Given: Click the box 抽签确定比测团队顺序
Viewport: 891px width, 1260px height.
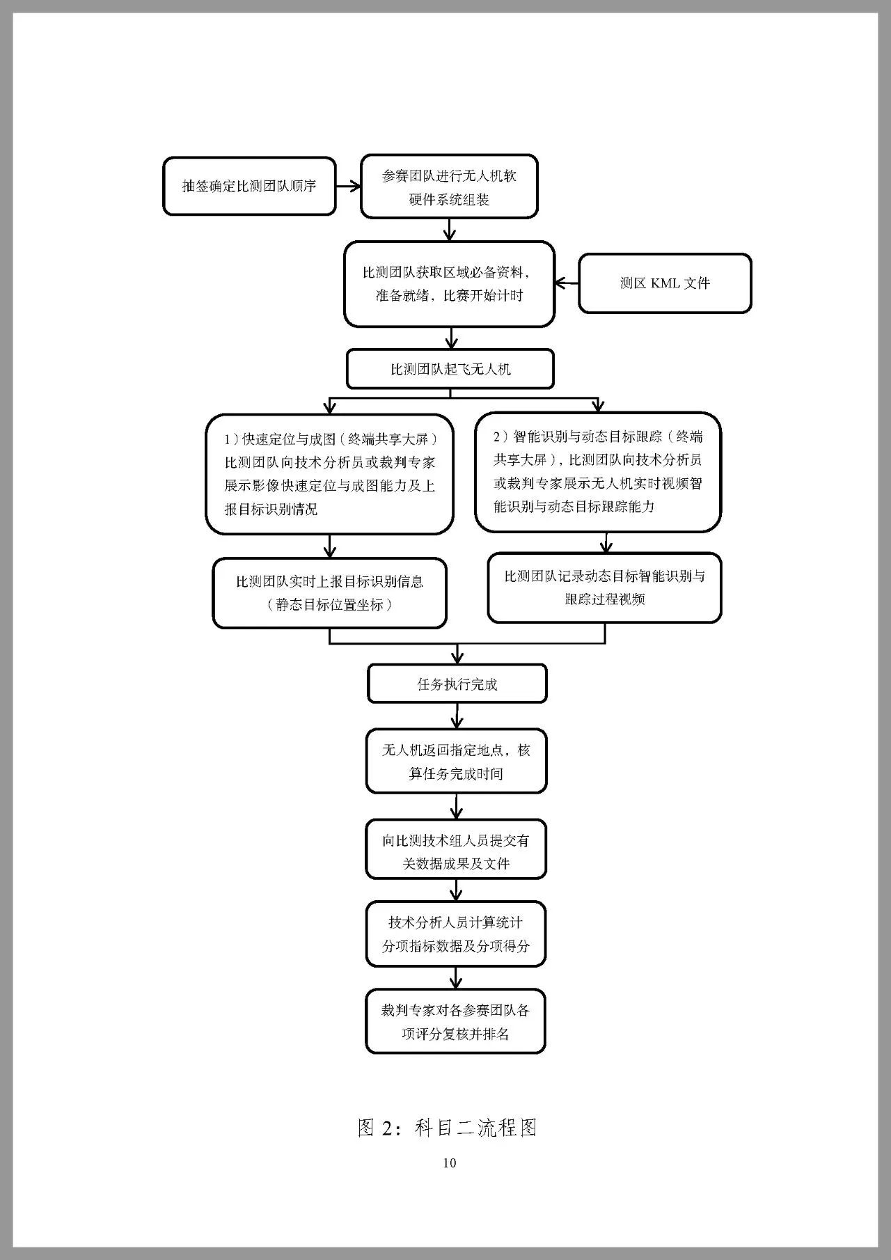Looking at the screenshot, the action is pyautogui.click(x=249, y=186).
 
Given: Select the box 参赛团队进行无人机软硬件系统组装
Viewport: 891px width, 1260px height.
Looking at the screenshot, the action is pyautogui.click(x=449, y=187).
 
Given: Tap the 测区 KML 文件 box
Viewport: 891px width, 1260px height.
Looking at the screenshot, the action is pyautogui.click(x=665, y=283).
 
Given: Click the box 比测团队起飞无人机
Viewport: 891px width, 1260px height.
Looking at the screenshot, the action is pyautogui.click(x=450, y=369).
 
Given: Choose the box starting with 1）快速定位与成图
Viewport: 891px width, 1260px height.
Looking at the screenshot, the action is pyautogui.click(x=329, y=474).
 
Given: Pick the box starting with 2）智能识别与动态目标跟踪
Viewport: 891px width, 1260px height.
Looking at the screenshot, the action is pyautogui.click(x=598, y=471).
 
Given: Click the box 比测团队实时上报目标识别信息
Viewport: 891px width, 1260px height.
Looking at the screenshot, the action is pyautogui.click(x=329, y=592).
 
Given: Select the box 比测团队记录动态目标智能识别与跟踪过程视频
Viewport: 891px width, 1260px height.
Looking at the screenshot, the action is pyautogui.click(x=604, y=588).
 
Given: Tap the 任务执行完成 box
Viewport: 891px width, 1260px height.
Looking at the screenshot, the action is pyautogui.click(x=457, y=684).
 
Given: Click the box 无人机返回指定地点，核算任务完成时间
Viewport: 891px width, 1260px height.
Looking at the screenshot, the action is pyautogui.click(x=457, y=762).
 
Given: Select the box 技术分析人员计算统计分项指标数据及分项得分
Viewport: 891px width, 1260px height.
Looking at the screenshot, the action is pyautogui.click(x=456, y=934).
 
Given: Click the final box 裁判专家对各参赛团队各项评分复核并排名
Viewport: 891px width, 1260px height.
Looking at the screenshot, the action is pyautogui.click(x=456, y=1021).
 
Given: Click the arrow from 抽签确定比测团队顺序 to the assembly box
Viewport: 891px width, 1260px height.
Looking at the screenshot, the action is pyautogui.click(x=348, y=186).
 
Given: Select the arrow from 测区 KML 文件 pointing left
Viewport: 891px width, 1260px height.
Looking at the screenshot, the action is pyautogui.click(x=566, y=283).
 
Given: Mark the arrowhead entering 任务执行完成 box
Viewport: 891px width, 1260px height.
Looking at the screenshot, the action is pyautogui.click(x=457, y=658).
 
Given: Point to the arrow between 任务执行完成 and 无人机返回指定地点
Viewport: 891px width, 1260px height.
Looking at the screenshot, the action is pyautogui.click(x=457, y=716).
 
